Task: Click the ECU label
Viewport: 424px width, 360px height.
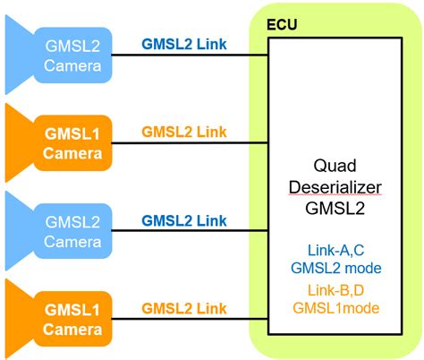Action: (x=282, y=21)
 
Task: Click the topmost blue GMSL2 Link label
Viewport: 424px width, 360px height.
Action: (x=184, y=44)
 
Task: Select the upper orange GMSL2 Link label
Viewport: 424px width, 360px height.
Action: (x=184, y=132)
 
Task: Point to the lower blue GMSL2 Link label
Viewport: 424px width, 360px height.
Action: (x=184, y=219)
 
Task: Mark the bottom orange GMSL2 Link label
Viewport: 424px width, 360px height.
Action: (x=184, y=308)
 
